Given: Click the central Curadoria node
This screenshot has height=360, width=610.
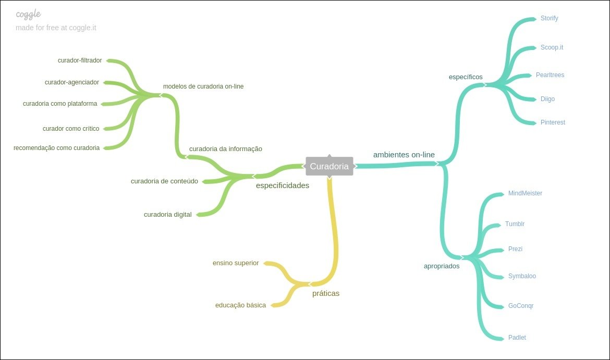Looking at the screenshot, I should coord(329,166).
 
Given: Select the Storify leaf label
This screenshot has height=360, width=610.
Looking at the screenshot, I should coord(549,18).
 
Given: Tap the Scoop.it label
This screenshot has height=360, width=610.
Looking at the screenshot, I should coord(552,47).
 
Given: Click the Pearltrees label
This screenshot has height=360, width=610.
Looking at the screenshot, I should coord(550,75).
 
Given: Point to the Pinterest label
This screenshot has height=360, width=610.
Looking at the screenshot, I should coord(553,122).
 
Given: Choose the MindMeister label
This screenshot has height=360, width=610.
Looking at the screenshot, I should coord(525,193).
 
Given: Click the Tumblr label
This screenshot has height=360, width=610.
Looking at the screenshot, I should coord(515,224).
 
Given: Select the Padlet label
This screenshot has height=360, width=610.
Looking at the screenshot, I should coord(517,338).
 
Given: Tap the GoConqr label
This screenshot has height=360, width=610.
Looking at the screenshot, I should coord(520,306).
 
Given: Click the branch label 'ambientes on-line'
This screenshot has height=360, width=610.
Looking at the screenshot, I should coord(404,155).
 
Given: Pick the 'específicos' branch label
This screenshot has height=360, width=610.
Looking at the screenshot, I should coord(466,77).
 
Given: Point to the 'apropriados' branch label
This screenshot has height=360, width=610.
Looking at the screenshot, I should coord(441,266).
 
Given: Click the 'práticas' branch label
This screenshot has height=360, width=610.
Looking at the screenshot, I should coord(325,293).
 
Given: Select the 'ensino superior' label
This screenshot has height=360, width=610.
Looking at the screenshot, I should coord(235,263).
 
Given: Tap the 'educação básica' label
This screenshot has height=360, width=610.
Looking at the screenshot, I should coord(240,305).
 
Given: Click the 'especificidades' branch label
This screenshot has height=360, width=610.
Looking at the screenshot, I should coord(282,185).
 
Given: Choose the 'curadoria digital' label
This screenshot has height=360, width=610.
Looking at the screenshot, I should coord(167,215).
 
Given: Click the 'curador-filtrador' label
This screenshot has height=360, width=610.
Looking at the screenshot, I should coord(80,60).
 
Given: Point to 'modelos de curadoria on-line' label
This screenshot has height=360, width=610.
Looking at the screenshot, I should coord(203,86).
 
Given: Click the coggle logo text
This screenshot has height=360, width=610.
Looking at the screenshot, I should coord(28,14).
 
